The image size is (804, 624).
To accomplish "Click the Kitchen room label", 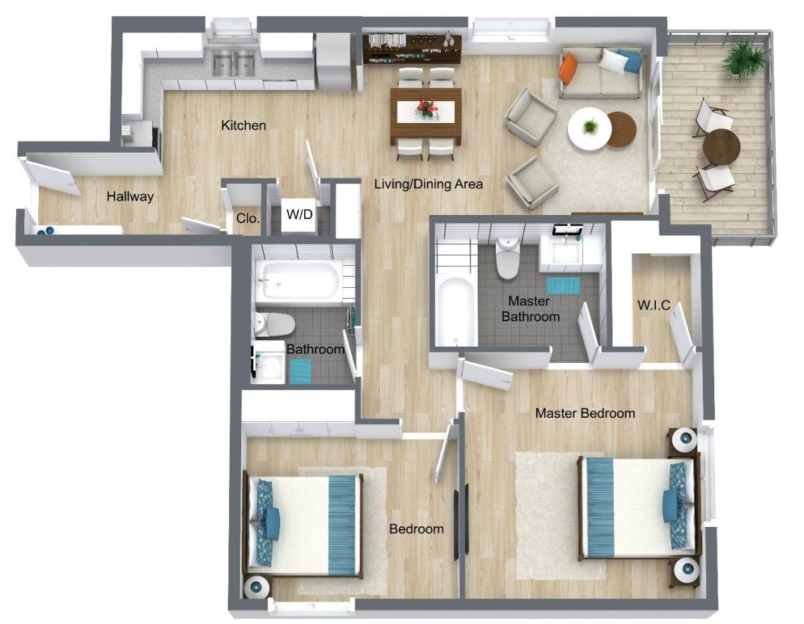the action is (x=243, y=125).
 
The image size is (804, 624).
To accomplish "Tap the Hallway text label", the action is (x=130, y=196).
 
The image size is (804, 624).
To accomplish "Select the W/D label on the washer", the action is (x=299, y=214).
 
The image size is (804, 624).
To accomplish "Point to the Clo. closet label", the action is (x=247, y=218).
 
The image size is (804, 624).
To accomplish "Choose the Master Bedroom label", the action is (x=585, y=413).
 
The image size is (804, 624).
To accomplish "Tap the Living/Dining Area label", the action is (x=428, y=183).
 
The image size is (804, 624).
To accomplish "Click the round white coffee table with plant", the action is (x=590, y=129).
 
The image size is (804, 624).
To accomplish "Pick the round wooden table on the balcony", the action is (x=721, y=147).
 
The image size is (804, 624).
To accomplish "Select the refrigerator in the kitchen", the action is (x=334, y=62).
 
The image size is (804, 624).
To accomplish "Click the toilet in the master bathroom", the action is (x=508, y=258).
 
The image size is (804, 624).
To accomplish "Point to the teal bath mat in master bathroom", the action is (x=563, y=285).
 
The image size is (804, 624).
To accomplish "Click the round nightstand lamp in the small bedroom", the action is (x=256, y=586).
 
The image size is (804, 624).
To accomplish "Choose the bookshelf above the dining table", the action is (x=412, y=48).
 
